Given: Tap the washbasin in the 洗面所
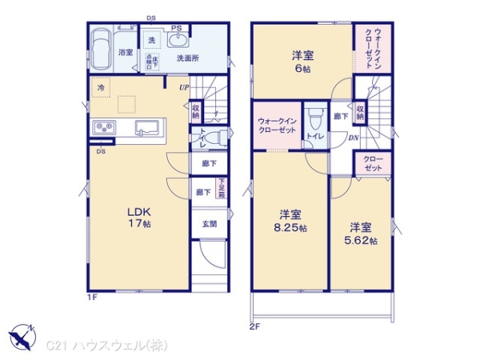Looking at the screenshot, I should coord(177,42).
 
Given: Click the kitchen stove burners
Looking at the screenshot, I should coord(104,126).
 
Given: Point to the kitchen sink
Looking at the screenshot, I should coord(147,126).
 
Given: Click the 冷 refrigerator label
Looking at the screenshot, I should coord(101,86).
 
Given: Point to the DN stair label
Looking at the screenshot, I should coord(353,138).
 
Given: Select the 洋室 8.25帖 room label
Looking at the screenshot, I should coord(290,221).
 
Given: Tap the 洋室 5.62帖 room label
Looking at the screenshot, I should coord(362,234).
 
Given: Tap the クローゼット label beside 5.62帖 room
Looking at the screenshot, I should coord(372,163).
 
